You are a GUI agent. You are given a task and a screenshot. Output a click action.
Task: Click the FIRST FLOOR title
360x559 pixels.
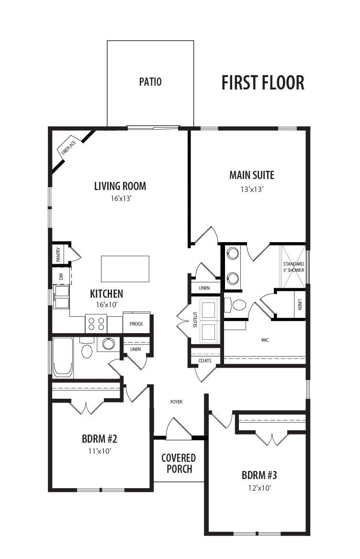coord(263,83)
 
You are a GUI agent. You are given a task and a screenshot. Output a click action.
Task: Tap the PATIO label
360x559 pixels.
coord(150,82)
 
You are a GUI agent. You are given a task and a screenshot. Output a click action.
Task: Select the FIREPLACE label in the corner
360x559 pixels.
coord(69,147)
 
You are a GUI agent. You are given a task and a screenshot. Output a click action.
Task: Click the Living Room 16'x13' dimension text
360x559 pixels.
coord(121,199)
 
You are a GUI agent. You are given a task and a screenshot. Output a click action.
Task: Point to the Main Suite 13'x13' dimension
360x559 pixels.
coord(252,190)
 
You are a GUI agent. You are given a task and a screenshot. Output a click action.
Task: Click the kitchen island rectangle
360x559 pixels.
coord(125,269)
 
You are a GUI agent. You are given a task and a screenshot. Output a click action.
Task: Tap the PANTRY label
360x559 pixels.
coord(58,255)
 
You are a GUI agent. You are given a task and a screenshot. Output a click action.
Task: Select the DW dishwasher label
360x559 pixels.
coord(61,276)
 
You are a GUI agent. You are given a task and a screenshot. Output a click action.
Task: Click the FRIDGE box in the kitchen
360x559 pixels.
coord(136,324)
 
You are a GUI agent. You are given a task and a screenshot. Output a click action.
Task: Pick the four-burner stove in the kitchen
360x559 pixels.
coord(96,324)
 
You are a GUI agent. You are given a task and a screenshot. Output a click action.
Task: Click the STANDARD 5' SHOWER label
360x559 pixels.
coord(294,267)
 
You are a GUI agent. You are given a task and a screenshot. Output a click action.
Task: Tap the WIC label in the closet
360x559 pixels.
coord(265,340)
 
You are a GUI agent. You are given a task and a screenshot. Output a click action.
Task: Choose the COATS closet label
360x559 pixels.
coord(204,360)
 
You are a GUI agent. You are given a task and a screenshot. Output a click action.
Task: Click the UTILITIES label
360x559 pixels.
coord(195,320)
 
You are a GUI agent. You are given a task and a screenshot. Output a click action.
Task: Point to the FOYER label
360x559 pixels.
coord(177,402)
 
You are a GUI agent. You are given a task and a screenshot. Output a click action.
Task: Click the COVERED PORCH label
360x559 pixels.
coord(179,463)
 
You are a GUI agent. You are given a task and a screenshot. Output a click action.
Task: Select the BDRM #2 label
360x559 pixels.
coord(100,439)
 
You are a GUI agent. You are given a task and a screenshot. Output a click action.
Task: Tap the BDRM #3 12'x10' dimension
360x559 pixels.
coord(260,488)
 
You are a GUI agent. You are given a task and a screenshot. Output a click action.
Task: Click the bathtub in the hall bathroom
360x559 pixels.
coord(63,357)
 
